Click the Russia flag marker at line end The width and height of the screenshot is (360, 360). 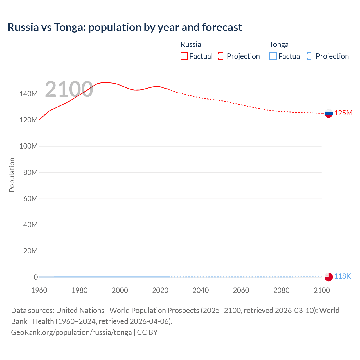pyautogui.click(x=328, y=113)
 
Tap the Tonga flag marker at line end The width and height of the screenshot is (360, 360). pyautogui.click(x=328, y=277)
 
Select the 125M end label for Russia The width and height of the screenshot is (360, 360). pyautogui.click(x=343, y=113)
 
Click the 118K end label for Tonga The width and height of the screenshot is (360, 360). pyautogui.click(x=342, y=276)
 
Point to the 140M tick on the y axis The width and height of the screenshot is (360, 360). pyautogui.click(x=28, y=94)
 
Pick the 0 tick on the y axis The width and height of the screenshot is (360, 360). pyautogui.click(x=35, y=277)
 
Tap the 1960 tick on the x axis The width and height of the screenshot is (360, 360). pyautogui.click(x=39, y=290)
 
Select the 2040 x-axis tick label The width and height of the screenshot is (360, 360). pyautogui.click(x=201, y=290)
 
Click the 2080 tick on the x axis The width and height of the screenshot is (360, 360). pyautogui.click(x=281, y=290)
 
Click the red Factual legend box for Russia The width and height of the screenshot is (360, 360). pyautogui.click(x=184, y=56)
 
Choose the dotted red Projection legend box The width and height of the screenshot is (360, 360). pyautogui.click(x=222, y=56)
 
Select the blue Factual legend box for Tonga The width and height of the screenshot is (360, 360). pyautogui.click(x=273, y=56)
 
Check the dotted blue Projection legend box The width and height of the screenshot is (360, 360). pyautogui.click(x=310, y=56)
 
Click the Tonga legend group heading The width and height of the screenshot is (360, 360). pyautogui.click(x=279, y=44)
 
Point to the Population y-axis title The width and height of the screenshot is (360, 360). pyautogui.click(x=12, y=175)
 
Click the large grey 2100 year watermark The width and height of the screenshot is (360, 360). pyautogui.click(x=69, y=89)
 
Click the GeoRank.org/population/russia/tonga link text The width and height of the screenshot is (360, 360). pyautogui.click(x=71, y=332)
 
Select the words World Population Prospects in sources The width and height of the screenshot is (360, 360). pyautogui.click(x=154, y=310)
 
